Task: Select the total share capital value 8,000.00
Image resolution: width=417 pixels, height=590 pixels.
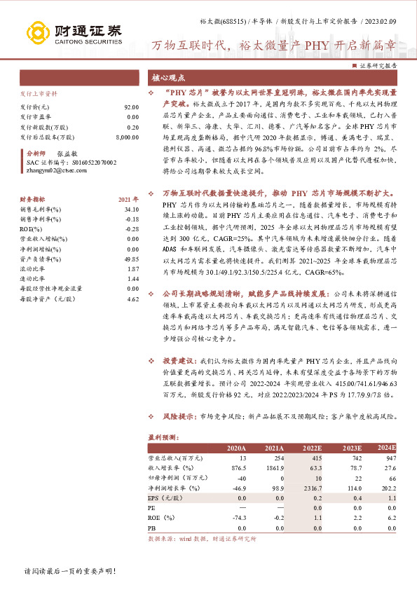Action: click(x=126, y=138)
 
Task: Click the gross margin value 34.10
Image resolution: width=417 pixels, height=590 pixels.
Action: click(x=131, y=209)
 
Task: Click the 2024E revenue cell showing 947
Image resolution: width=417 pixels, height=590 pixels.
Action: click(x=388, y=458)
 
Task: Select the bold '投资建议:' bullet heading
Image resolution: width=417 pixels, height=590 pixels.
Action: click(x=179, y=359)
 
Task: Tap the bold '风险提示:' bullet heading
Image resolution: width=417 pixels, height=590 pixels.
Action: click(x=179, y=416)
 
